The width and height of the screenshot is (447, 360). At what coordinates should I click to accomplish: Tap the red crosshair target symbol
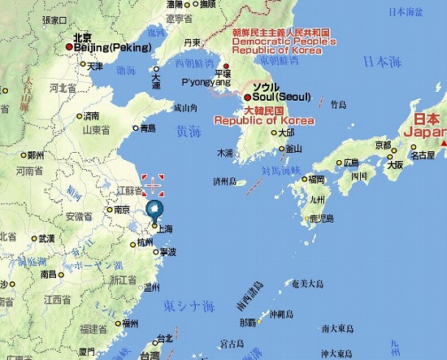[152, 185]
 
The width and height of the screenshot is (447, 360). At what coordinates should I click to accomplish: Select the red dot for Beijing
[69, 47]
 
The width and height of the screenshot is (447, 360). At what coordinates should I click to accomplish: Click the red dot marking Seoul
[248, 97]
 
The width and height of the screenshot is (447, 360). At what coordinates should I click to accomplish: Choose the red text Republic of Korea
[264, 120]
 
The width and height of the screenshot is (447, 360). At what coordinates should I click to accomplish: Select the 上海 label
[164, 229]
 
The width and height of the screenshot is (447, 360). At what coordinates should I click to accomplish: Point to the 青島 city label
[147, 128]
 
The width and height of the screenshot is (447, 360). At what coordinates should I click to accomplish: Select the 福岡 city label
[316, 179]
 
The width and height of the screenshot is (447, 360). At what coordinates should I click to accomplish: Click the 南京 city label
[122, 210]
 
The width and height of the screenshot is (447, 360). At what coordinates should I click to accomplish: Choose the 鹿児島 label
[322, 219]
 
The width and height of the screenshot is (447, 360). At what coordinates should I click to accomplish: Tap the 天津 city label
[95, 67]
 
